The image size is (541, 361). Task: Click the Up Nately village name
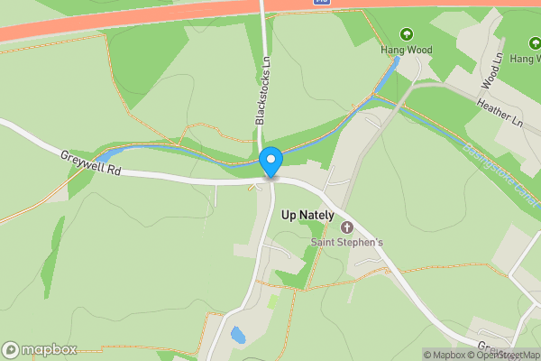[307, 216]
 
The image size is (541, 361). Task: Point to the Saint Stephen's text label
[347, 242]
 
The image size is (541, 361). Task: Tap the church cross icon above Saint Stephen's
[347, 225]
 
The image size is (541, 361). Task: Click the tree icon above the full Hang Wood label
[407, 35]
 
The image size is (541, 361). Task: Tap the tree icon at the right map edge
[534, 42]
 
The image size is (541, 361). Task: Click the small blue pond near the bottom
[238, 335]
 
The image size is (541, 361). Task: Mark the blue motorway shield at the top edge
[322, 3]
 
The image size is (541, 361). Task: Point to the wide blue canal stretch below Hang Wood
[383, 84]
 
